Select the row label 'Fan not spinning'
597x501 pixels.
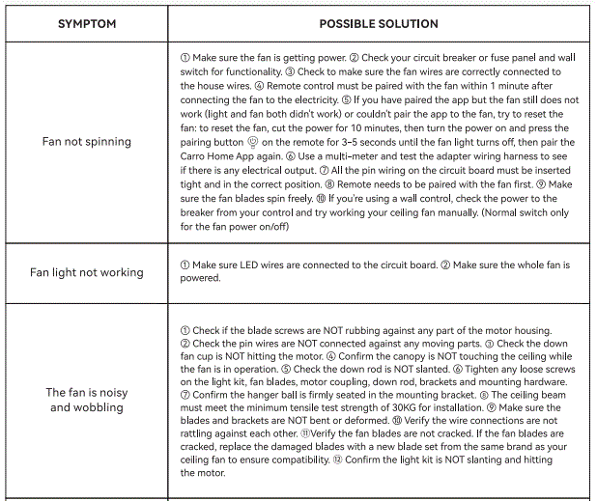[x=87, y=142]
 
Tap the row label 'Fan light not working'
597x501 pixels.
[x=87, y=272]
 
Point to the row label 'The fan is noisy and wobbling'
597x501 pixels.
[x=87, y=400]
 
